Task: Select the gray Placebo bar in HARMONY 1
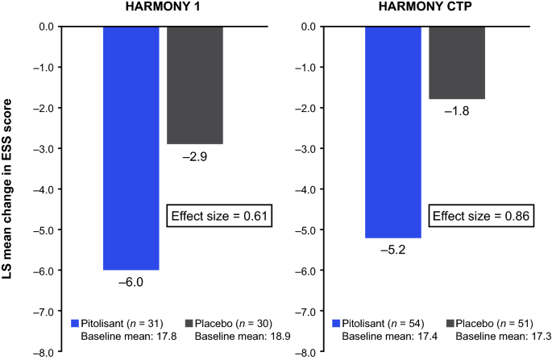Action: tap(194, 85)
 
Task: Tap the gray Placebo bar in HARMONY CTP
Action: tap(456, 62)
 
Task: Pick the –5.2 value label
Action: tap(392, 250)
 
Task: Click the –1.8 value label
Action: tap(456, 111)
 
